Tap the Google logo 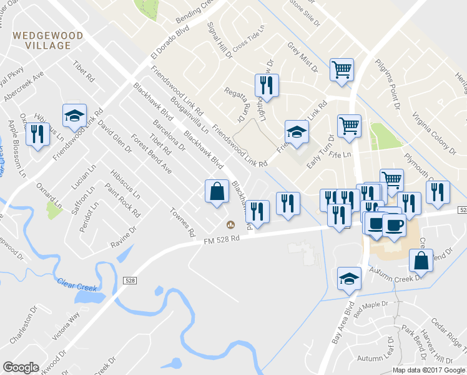tap(21, 367)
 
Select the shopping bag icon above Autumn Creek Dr tap(421, 261)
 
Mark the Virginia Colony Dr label tap(433, 132)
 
